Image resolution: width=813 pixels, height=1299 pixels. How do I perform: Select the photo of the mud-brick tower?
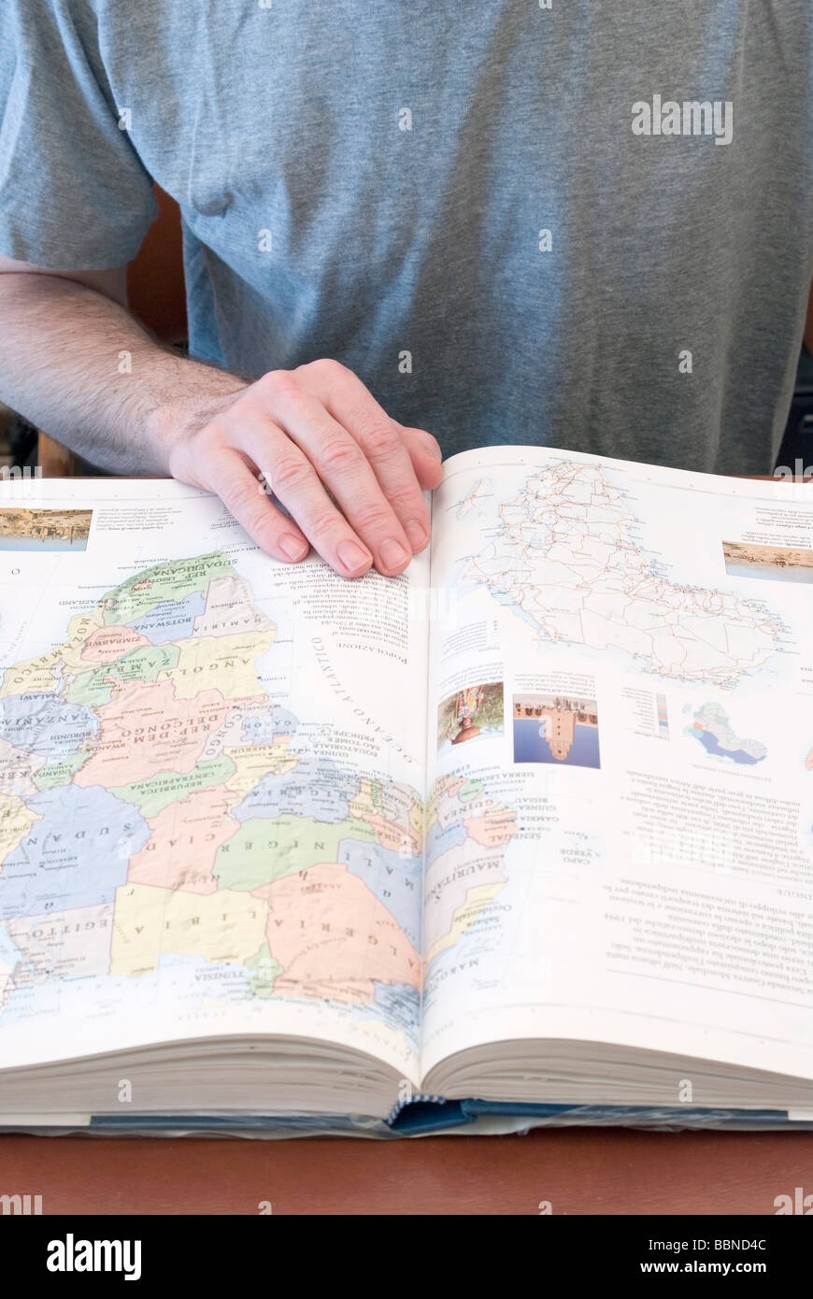tap(556, 729)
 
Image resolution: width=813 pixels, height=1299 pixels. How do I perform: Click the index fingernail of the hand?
tap(354, 555)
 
